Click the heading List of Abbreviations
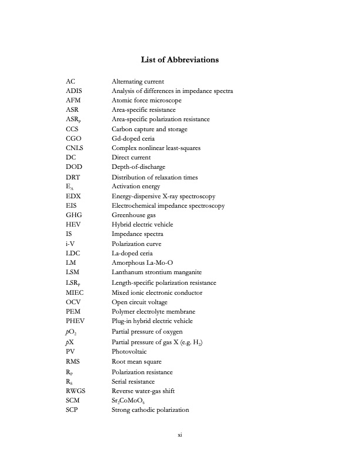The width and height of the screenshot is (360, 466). pos(180,60)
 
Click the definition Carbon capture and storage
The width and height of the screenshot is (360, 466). pos(149,129)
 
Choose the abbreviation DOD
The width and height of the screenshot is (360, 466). pos(74,167)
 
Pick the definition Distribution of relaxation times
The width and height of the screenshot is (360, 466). pos(155,177)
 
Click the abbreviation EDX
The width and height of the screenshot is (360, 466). pos(74,196)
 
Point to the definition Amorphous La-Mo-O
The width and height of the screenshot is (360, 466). pos(140,263)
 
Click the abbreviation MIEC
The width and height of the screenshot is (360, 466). pos(75,292)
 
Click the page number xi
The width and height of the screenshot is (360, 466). pos(180,435)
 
